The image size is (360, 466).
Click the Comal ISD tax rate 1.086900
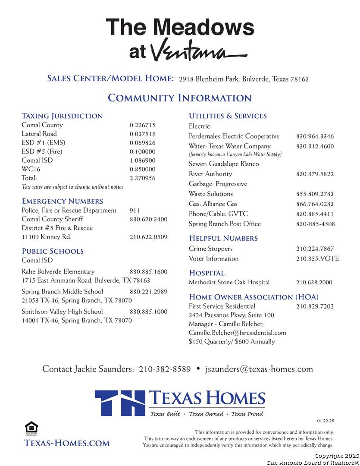[142, 161]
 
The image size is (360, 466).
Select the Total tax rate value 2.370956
[142, 178]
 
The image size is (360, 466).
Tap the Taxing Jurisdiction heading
[62, 116]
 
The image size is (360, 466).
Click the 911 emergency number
[135, 211]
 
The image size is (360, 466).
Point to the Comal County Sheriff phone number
[148, 220]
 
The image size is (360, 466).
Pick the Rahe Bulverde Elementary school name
[58, 272]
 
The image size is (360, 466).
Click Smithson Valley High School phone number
[148, 312]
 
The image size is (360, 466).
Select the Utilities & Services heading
[228, 116]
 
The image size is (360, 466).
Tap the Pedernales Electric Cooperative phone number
[315, 137]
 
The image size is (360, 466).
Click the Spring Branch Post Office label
[225, 224]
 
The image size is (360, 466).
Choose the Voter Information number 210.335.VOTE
[317, 259]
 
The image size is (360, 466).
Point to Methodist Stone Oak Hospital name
[229, 283]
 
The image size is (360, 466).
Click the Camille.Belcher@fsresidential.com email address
[237, 333]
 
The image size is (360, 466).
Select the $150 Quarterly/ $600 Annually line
[232, 342]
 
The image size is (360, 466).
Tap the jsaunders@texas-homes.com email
[259, 369]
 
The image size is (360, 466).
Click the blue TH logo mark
[120, 403]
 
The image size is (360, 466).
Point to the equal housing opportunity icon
[31, 428]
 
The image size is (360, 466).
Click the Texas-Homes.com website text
[67, 443]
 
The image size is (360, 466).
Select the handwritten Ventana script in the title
[198, 50]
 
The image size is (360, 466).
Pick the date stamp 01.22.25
[326, 421]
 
